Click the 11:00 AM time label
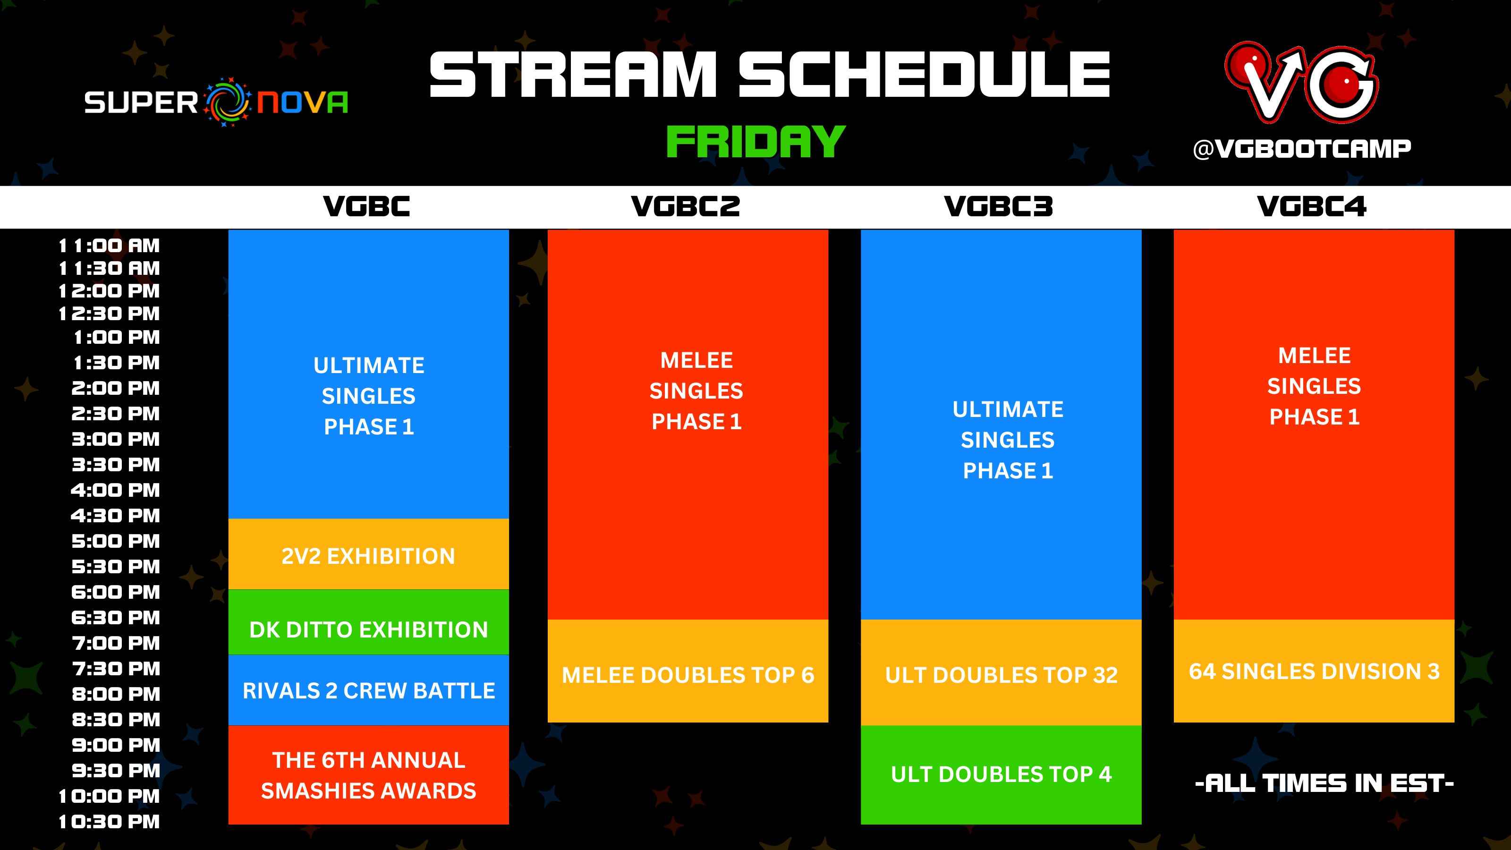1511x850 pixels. coord(109,246)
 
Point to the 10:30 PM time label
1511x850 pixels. coord(109,822)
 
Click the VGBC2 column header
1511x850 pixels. coord(685,206)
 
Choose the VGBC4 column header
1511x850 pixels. coord(1312,206)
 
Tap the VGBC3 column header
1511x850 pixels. coord(998,206)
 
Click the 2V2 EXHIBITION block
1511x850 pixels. coord(368,555)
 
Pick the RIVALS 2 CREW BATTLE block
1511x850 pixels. coord(368,690)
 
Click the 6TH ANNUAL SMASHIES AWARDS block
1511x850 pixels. coord(368,775)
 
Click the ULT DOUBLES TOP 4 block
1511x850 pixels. coord(1001,774)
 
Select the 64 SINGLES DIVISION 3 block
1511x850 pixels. coord(1314,671)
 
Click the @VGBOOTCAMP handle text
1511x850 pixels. coord(1302,149)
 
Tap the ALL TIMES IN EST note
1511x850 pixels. coord(1324,783)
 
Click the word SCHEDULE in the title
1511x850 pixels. coord(923,75)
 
